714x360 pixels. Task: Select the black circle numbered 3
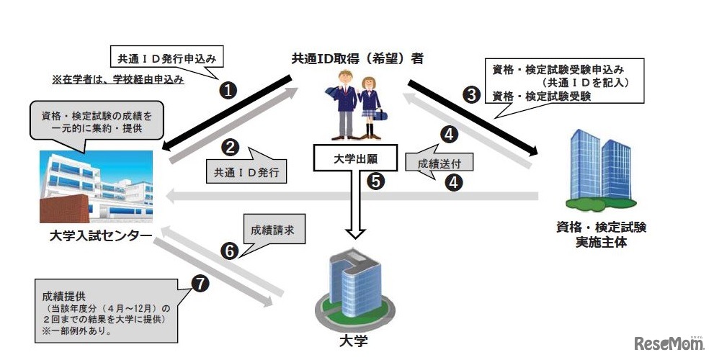point(471,95)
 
